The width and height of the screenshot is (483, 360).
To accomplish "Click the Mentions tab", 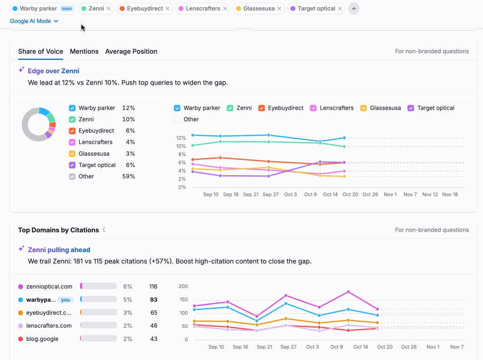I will pyautogui.click(x=84, y=51).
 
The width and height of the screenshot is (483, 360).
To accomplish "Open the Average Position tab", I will pyautogui.click(x=131, y=51).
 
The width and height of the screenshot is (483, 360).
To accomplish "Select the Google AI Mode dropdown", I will pyautogui.click(x=34, y=21).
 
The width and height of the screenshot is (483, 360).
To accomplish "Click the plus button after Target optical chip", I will pyautogui.click(x=353, y=9).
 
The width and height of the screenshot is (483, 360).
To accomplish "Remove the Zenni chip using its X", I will pyautogui.click(x=108, y=9).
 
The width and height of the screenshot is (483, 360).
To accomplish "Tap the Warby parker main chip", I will pyautogui.click(x=42, y=9).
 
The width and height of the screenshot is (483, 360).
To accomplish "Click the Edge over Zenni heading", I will pyautogui.click(x=53, y=71).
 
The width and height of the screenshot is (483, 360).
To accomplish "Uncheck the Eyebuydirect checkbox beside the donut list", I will pyautogui.click(x=72, y=131).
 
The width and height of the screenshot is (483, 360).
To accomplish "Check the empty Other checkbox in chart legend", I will pyautogui.click(x=177, y=119).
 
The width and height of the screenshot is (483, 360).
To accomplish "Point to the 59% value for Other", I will pyautogui.click(x=128, y=177).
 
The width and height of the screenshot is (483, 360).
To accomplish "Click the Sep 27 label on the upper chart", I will pyautogui.click(x=271, y=194).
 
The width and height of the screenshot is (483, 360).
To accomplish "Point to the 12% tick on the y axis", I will pyautogui.click(x=181, y=138).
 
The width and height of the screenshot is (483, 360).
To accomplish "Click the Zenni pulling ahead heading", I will pyautogui.click(x=59, y=250).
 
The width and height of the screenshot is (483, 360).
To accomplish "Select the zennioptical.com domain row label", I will pyautogui.click(x=49, y=287).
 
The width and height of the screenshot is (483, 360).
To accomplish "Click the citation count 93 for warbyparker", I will pyautogui.click(x=153, y=300).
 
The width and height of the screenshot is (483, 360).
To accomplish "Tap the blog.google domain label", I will pyautogui.click(x=42, y=339).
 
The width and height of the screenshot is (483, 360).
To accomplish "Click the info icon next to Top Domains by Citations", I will pyautogui.click(x=104, y=230).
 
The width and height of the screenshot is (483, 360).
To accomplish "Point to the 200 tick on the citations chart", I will pyautogui.click(x=183, y=286).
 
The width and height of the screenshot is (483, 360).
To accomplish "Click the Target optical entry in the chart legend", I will pyautogui.click(x=435, y=108).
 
